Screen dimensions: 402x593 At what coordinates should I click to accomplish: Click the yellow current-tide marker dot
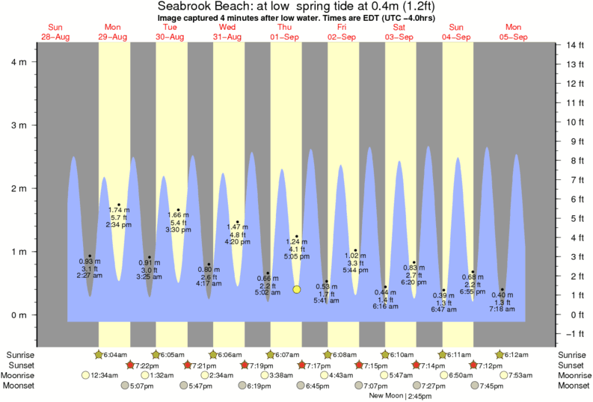pos(297,289)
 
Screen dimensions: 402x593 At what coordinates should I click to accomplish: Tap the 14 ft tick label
pos(574,45)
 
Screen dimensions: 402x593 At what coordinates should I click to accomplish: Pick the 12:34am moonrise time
pos(105,375)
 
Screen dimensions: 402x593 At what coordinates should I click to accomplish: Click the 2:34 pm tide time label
pos(119,225)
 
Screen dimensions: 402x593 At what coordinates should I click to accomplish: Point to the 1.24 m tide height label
pos(296,242)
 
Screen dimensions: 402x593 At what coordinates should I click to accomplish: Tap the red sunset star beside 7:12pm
pos(474,365)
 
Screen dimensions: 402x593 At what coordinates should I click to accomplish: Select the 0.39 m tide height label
pos(443,295)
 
